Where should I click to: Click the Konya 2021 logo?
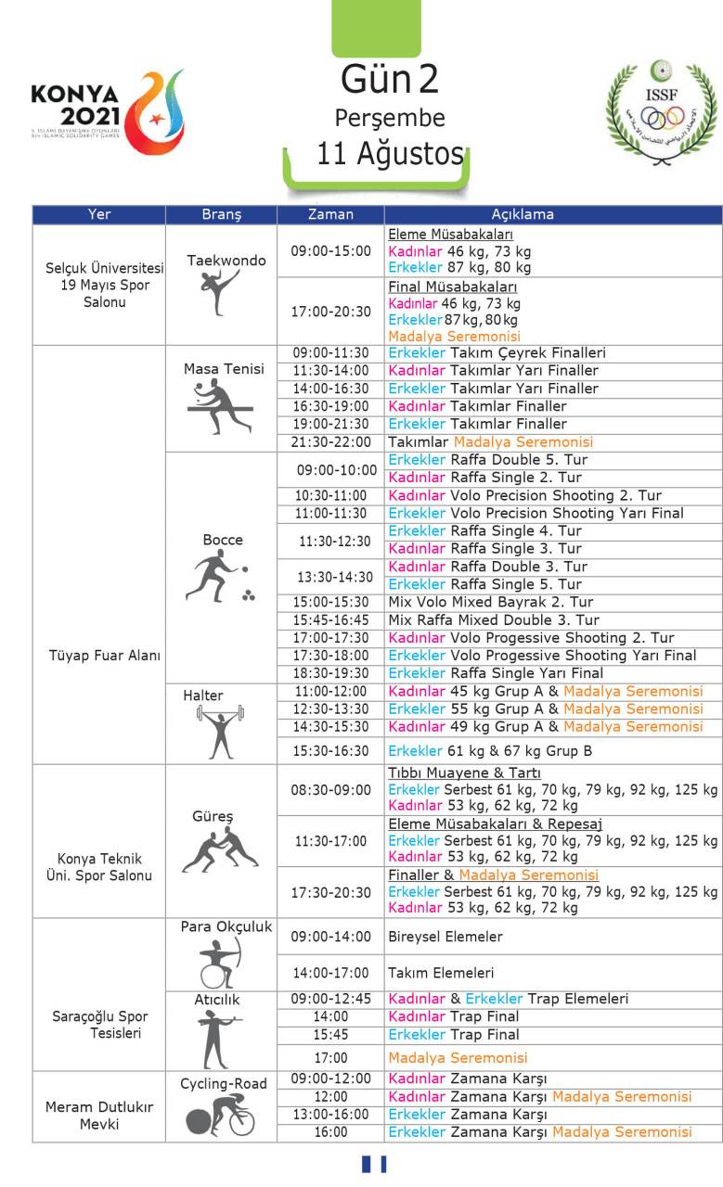pos(107,111)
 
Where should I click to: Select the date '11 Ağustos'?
pos(390,153)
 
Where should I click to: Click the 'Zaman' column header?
pos(330,214)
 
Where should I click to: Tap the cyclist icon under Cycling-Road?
pos(221,1115)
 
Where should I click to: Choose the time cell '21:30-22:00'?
pos(330,442)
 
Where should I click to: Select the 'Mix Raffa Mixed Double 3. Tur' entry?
pos(494,619)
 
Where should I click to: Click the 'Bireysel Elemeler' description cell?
pos(445,937)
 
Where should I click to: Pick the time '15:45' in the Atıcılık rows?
pos(330,1034)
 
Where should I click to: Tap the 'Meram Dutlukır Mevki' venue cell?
pos(98,1116)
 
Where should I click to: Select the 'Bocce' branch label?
pos(223,540)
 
